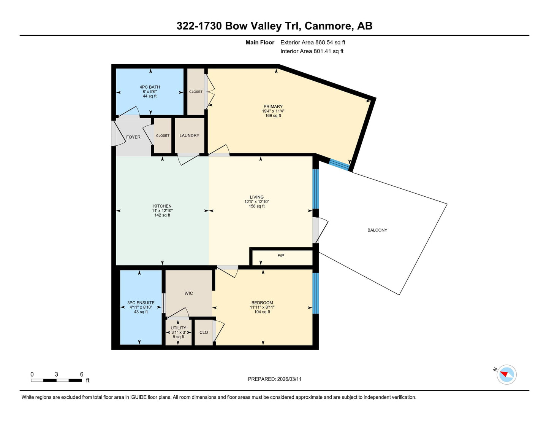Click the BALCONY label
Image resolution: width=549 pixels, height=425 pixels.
click(377, 230)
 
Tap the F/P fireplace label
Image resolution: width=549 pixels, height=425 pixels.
click(281, 256)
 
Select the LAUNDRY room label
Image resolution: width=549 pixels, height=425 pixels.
click(189, 135)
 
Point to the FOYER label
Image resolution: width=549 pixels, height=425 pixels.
click(133, 137)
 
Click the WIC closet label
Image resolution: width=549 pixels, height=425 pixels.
click(189, 293)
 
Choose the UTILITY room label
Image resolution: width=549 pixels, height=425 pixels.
click(178, 328)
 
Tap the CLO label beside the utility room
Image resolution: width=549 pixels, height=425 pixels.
click(204, 333)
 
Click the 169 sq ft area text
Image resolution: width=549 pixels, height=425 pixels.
click(273, 116)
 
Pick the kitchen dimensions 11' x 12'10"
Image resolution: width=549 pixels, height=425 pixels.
click(162, 211)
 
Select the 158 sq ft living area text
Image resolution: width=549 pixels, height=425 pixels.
click(257, 206)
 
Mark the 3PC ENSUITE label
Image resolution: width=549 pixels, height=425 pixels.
click(141, 303)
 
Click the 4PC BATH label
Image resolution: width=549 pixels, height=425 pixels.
click(150, 87)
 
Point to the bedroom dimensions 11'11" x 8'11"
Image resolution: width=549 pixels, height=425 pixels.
click(262, 307)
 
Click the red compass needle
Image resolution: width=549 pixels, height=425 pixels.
click(504, 374)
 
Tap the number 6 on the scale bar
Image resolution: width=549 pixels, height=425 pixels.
click(82, 374)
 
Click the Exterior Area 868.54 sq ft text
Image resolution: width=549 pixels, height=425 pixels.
click(313, 43)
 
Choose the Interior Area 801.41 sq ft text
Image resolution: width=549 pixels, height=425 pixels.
click(312, 51)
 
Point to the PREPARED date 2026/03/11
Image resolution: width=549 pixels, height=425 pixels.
click(289, 379)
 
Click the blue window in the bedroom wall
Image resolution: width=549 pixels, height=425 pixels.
click(316, 293)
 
